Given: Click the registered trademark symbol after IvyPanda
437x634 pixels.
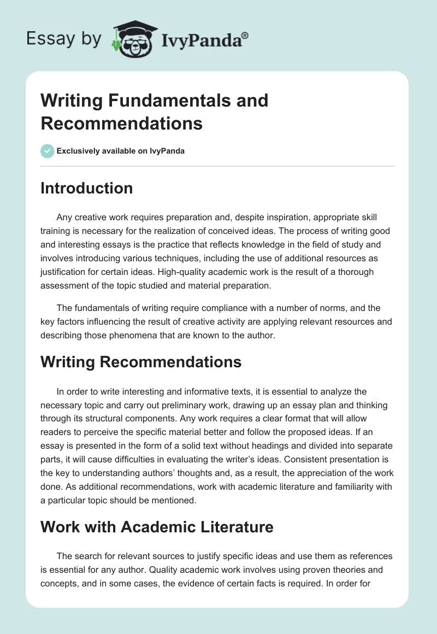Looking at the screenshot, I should [x=245, y=36].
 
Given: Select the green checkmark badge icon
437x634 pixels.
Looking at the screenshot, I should [x=48, y=151].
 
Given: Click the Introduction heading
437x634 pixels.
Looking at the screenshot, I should [x=87, y=188].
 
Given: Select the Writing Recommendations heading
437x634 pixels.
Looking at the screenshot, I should [x=141, y=362].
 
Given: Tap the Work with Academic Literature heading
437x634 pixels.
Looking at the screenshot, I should [x=157, y=527].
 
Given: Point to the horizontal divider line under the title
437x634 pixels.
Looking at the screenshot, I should [x=218, y=166].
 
